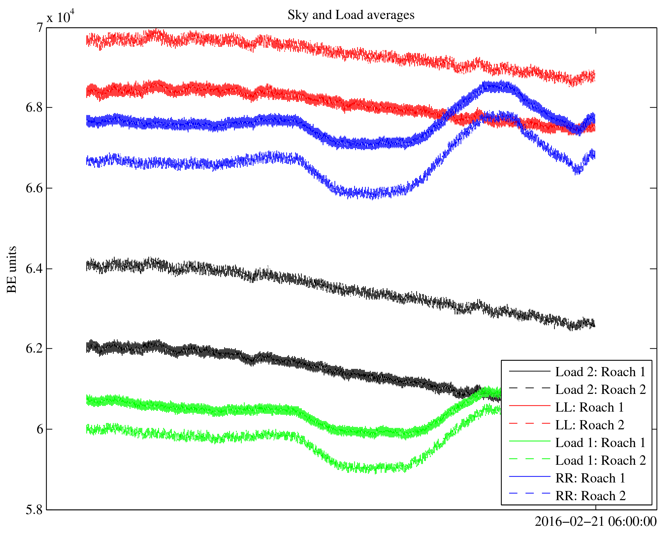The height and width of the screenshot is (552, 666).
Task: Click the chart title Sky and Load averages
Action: (351, 15)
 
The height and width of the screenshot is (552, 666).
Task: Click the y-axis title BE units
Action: (12, 269)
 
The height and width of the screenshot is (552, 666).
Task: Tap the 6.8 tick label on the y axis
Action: (34, 107)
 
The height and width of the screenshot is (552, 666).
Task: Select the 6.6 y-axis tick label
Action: (34, 188)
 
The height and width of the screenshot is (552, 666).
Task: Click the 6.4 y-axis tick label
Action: (34, 269)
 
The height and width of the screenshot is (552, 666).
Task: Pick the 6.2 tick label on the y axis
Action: (34, 348)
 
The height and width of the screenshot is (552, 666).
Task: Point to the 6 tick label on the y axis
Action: (39, 429)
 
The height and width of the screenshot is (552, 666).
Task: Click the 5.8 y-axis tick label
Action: (34, 510)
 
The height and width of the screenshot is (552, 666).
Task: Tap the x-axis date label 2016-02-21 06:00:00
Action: (595, 521)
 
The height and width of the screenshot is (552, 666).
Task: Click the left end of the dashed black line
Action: (87, 265)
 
